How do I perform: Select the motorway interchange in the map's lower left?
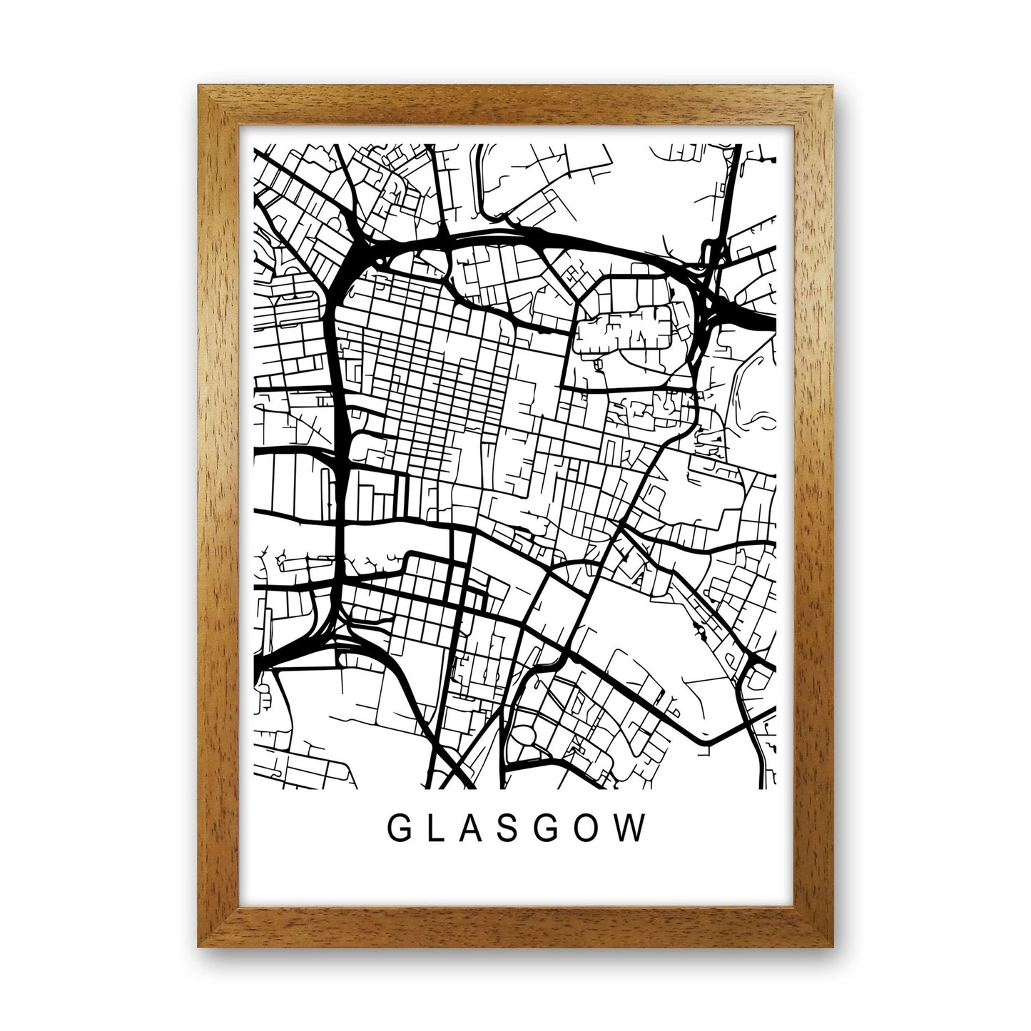point(328,631)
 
